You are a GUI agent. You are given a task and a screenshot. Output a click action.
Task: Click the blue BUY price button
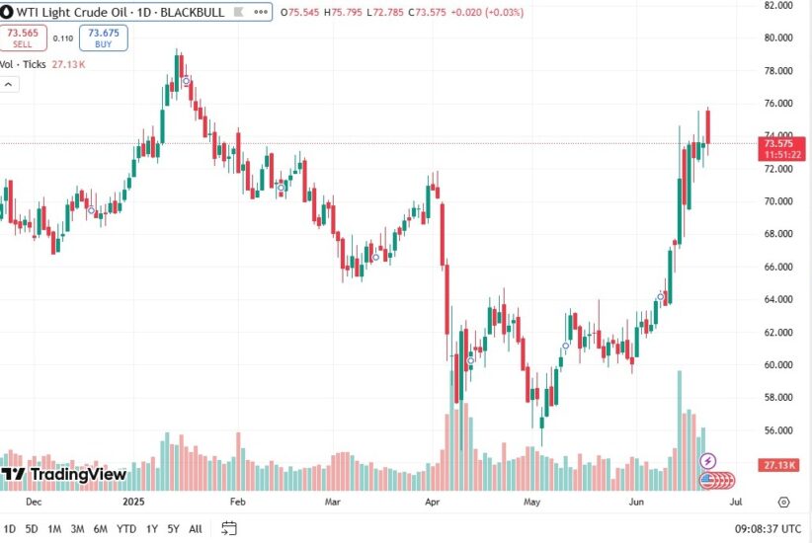coord(104,38)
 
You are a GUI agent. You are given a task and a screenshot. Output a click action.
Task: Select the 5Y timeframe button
coord(173,528)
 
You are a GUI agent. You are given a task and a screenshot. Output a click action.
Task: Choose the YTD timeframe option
coord(126,528)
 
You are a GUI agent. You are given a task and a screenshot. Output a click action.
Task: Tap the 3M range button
coord(78,528)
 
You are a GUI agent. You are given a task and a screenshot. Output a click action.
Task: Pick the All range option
coord(196,528)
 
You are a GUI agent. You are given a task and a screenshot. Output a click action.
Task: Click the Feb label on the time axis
coord(236,502)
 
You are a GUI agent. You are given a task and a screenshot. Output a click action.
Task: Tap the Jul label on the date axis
coord(735,502)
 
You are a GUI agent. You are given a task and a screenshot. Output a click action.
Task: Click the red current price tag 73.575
coord(780,143)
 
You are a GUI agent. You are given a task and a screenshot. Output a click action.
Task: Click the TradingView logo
coord(64,475)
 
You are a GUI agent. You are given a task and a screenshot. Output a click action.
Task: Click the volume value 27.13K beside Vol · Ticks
coord(69,64)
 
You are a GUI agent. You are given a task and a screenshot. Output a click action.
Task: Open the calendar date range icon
coord(229,528)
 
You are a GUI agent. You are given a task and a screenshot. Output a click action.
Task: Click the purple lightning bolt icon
coord(708,461)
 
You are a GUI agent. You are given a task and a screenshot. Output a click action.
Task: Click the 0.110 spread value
coord(62,39)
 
